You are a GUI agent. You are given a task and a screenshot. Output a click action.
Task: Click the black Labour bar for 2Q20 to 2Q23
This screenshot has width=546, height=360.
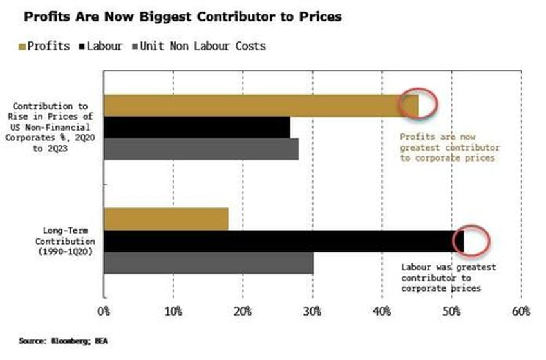[x=196, y=128]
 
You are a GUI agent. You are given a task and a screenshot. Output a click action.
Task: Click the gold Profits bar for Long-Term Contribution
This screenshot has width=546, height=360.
[x=166, y=219]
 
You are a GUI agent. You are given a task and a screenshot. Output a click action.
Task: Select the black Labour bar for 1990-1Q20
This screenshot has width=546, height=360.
[x=283, y=241]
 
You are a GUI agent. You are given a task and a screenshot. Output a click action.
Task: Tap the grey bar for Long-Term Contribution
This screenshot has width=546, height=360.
[x=209, y=263]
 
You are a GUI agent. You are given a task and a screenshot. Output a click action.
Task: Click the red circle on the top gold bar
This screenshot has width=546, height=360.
[x=417, y=103]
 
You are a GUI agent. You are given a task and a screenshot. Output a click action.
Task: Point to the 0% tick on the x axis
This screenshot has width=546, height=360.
[x=104, y=312]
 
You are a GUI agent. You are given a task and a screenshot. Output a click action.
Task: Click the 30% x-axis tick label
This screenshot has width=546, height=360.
[x=312, y=312]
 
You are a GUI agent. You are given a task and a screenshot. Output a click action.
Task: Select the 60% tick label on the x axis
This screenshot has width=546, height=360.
[x=520, y=312]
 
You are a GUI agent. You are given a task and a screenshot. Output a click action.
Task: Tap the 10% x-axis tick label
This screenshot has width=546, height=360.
[x=173, y=312]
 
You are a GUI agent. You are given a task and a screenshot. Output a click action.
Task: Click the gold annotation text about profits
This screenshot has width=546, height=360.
[x=449, y=147]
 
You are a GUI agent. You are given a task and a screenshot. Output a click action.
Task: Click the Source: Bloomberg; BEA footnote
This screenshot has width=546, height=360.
[x=55, y=339]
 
